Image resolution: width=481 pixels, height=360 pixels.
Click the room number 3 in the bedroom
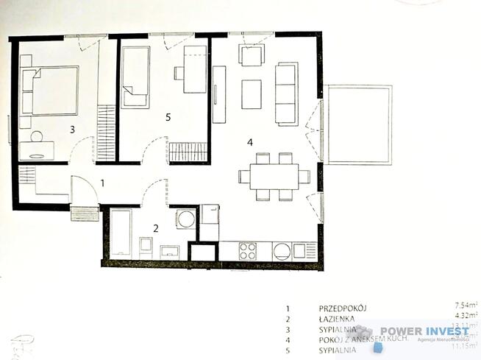[x=72, y=130]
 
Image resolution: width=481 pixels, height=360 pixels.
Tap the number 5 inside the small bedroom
[x=168, y=116]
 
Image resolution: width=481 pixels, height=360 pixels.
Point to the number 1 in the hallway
[x=103, y=183]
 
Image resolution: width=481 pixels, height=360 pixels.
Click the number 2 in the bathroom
[x=156, y=228]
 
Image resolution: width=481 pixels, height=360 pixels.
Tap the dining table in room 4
[x=274, y=177]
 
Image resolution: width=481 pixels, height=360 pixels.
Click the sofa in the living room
[x=286, y=93]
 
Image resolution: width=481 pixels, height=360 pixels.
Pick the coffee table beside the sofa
[x=252, y=93]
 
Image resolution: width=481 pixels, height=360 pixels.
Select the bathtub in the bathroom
[x=121, y=233]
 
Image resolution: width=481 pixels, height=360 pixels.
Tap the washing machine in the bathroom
[x=187, y=219]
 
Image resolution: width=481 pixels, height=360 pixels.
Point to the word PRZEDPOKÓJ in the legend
[x=343, y=308]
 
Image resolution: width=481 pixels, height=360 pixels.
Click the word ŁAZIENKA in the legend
[x=338, y=320]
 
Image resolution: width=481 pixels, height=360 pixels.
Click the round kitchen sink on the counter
[x=282, y=252]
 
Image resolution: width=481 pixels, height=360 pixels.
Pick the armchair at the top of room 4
[x=252, y=55]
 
